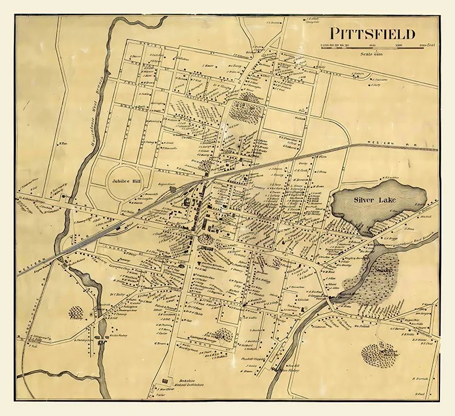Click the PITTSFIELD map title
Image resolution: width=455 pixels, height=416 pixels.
371,34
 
